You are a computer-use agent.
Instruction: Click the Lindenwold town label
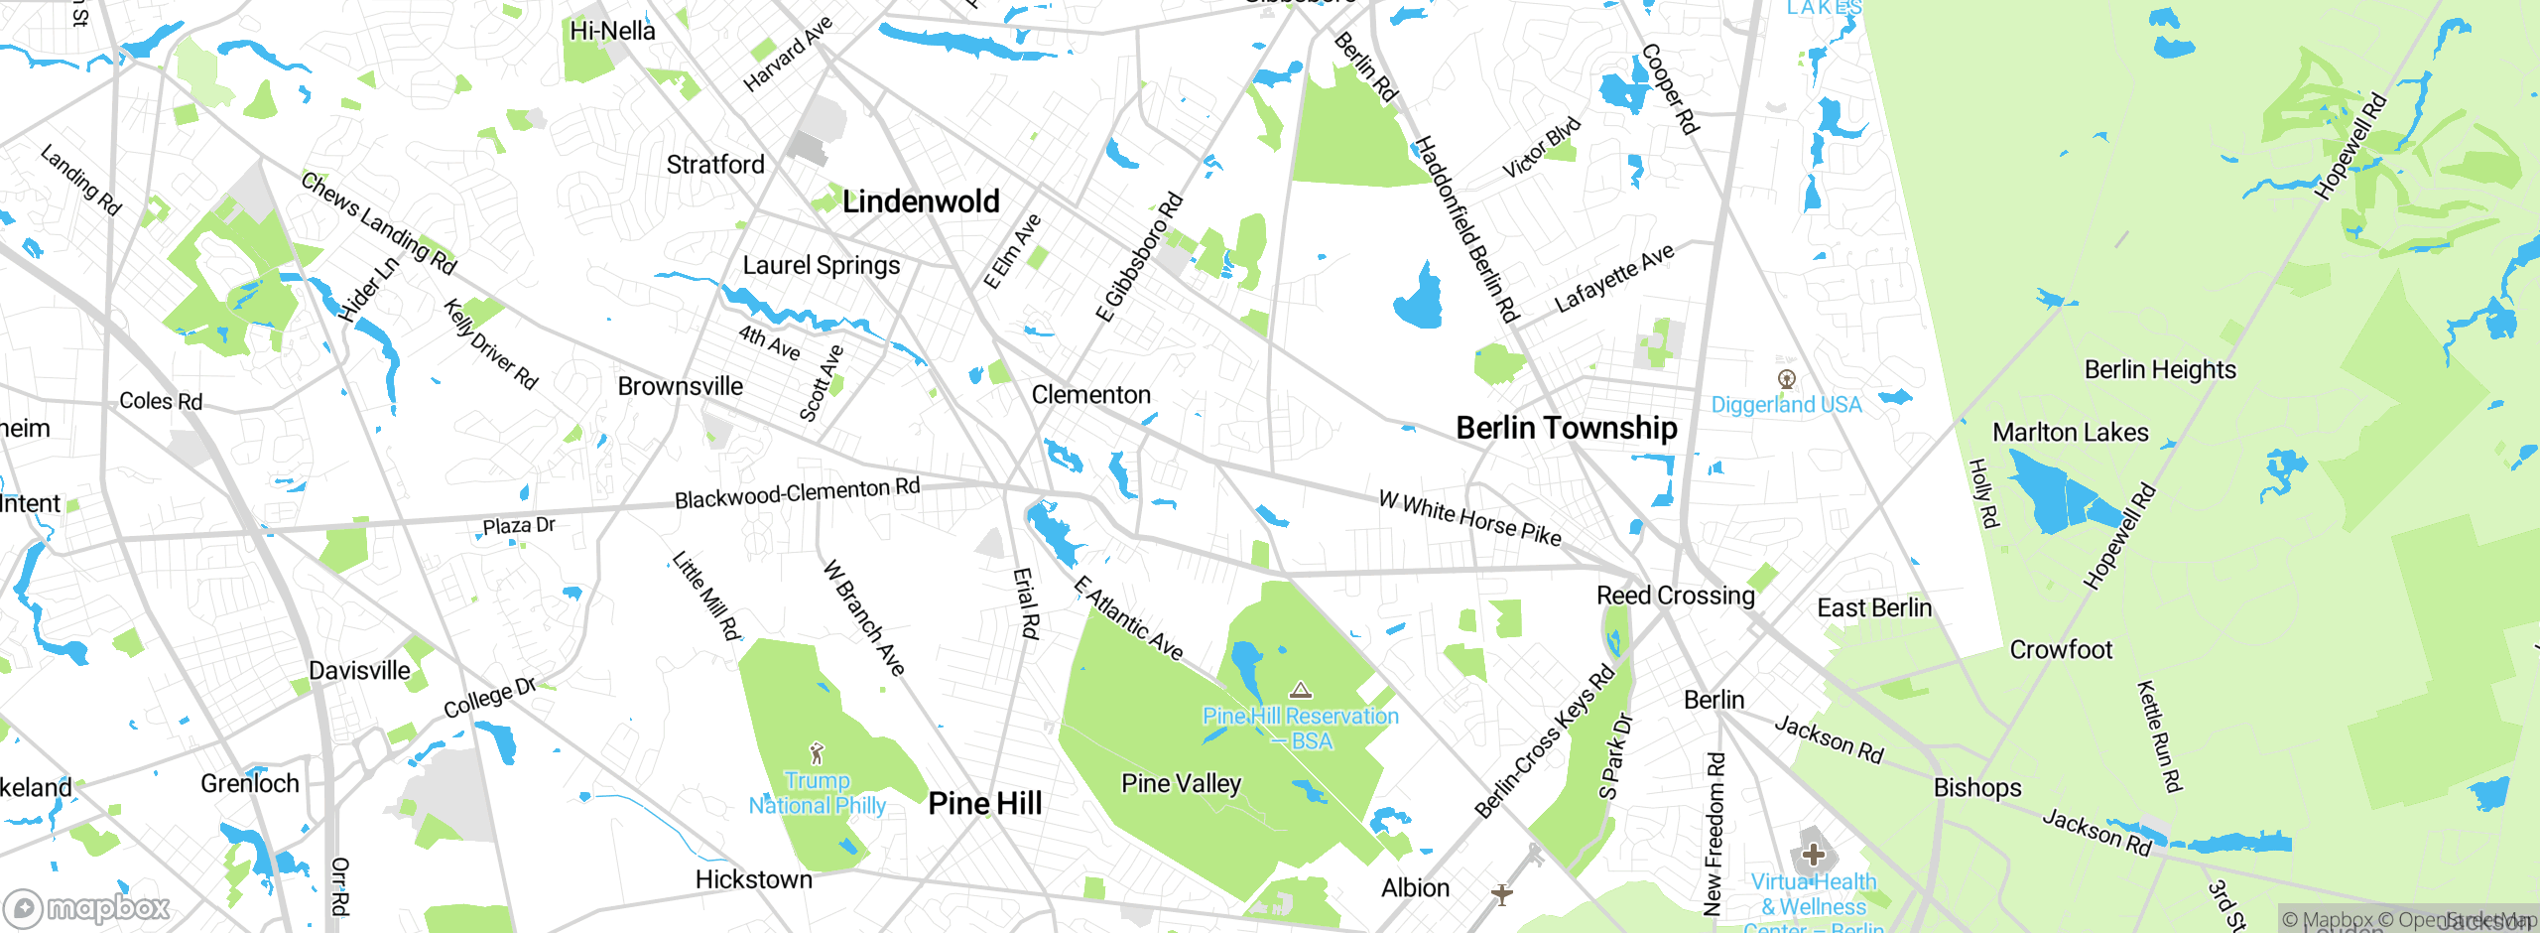[x=921, y=201]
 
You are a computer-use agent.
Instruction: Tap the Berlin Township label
[x=1566, y=428]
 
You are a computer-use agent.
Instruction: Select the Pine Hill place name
[x=984, y=803]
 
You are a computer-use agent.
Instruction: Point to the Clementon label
[x=1090, y=395]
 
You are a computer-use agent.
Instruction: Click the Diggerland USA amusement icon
[x=1786, y=378]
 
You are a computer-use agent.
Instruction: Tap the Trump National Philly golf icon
[x=817, y=753]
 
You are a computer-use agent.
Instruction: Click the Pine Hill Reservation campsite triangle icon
[x=1301, y=690]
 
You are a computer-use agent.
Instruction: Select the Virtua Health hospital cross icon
[x=1813, y=854]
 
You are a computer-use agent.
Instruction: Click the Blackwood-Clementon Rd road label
[x=797, y=492]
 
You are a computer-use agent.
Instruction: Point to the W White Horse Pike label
[x=1469, y=518]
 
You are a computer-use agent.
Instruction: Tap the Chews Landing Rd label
[x=379, y=223]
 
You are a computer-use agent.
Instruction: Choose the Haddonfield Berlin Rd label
[x=1465, y=229]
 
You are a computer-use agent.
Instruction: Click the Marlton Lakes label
[x=2070, y=433]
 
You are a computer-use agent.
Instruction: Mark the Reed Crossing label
[x=1675, y=596]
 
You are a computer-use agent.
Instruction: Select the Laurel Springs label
[x=821, y=265]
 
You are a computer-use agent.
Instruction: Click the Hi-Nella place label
[x=612, y=31]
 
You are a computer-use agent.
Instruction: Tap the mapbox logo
[x=87, y=907]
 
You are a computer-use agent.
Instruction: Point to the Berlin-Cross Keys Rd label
[x=1544, y=742]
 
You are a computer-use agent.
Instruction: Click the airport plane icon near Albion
[x=1502, y=894]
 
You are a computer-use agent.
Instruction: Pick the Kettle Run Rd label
[x=2159, y=736]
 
